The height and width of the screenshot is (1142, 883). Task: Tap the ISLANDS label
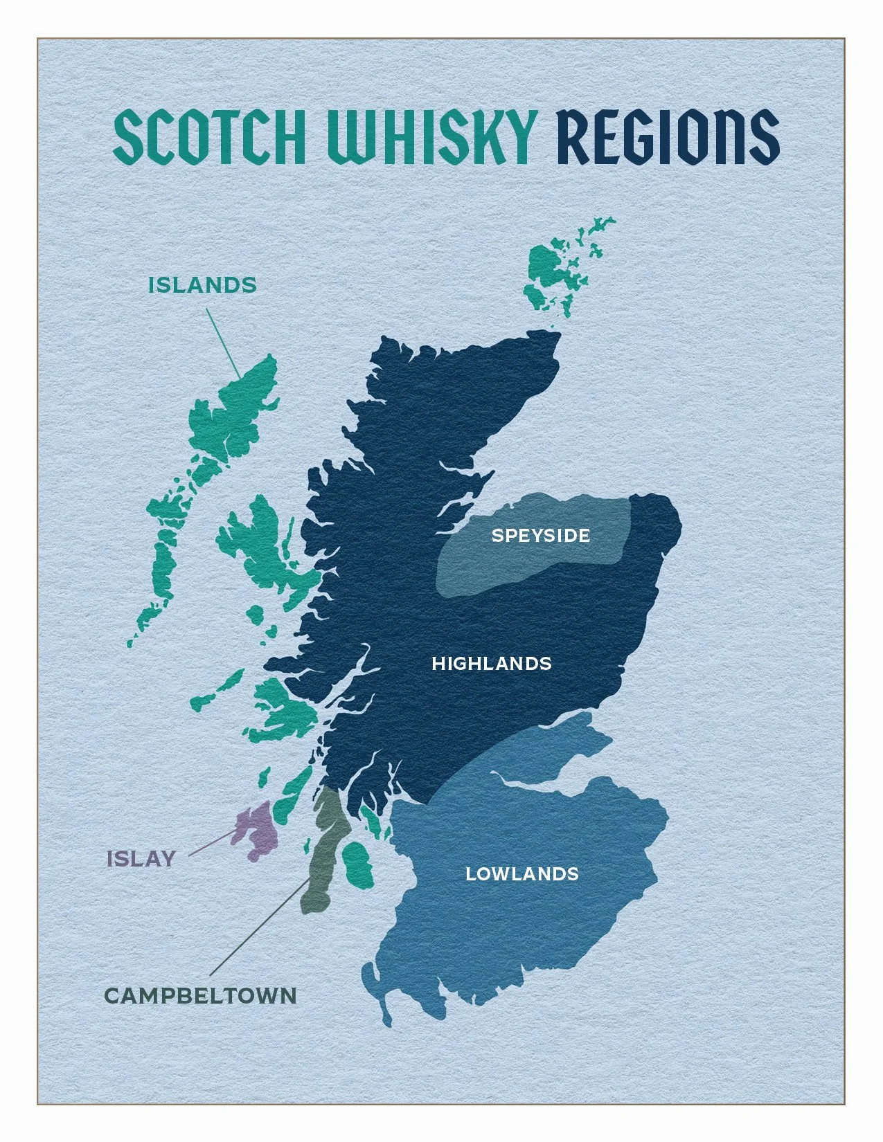[x=202, y=285]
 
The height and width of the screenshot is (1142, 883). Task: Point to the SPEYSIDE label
[x=540, y=535]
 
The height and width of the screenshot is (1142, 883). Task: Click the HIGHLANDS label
[x=491, y=664]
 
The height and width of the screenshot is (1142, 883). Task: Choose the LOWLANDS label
[x=521, y=873]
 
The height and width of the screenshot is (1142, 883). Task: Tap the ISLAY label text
[x=141, y=859]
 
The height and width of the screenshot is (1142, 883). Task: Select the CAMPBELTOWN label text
[x=201, y=996]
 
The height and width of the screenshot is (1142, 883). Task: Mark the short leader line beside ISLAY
[x=211, y=844]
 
